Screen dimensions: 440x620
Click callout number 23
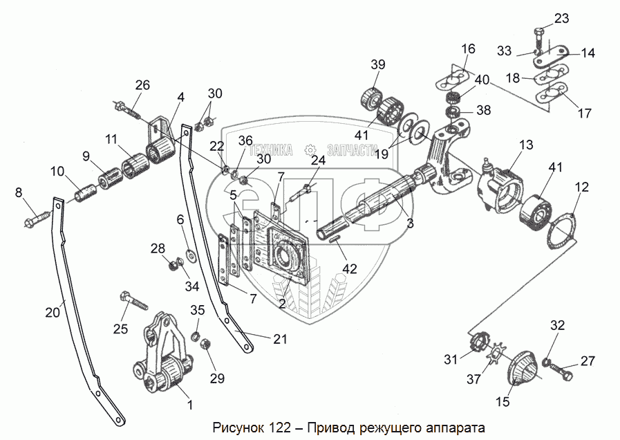tap(561, 19)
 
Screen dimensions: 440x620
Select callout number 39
tap(377, 64)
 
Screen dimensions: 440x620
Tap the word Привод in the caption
tap(332, 426)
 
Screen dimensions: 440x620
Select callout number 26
tap(142, 86)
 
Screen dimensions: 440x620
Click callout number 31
tap(451, 359)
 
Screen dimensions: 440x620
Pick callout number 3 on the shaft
tap(410, 223)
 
